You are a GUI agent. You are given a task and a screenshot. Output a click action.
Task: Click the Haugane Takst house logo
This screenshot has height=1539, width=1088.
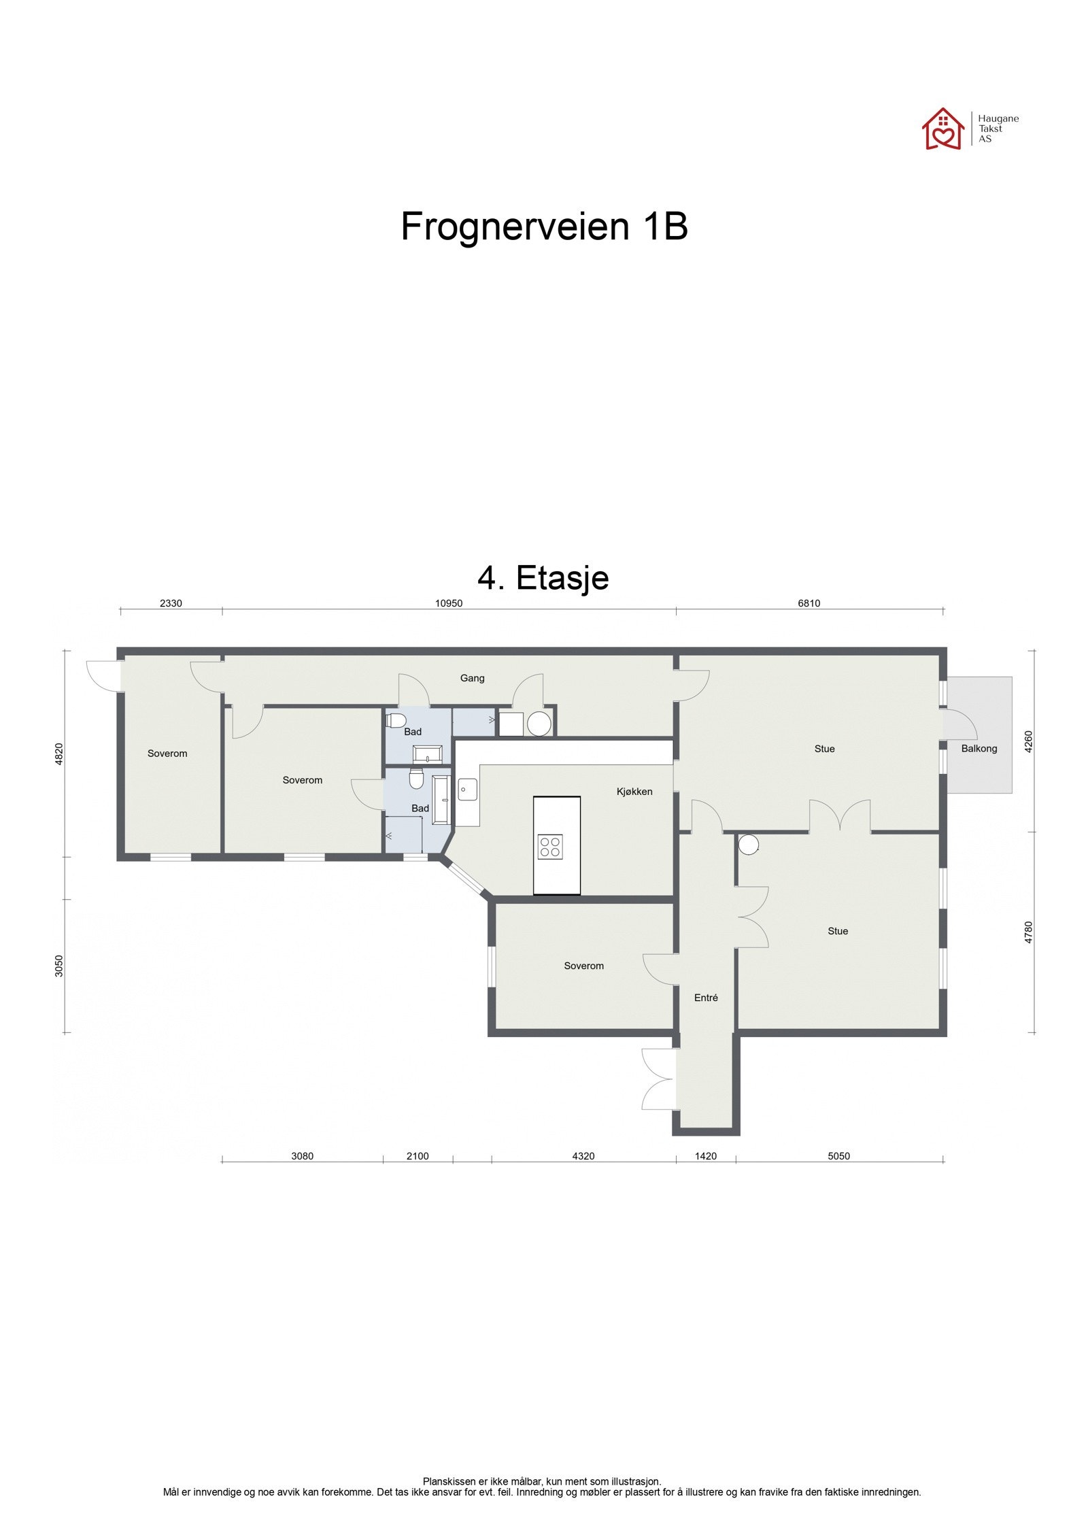click(942, 129)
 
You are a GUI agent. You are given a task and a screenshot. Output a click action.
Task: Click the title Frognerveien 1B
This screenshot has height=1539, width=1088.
click(544, 226)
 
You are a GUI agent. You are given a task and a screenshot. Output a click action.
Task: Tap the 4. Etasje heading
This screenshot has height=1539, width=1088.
click(543, 578)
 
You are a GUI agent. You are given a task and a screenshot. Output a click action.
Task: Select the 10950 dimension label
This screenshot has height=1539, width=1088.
click(448, 603)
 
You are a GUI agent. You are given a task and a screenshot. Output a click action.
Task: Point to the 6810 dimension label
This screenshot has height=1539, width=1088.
click(809, 603)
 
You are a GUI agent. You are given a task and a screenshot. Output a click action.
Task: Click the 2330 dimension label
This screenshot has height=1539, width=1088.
click(171, 603)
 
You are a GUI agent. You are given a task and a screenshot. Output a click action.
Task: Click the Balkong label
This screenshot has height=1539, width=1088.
click(979, 749)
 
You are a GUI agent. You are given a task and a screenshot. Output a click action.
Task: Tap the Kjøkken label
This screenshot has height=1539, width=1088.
click(634, 792)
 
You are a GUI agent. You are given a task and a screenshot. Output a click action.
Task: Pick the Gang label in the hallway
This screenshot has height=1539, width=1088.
click(472, 678)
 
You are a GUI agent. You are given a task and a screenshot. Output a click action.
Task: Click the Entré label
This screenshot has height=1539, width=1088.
click(706, 998)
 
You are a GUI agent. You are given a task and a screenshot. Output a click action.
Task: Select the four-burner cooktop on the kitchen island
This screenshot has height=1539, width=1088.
click(549, 847)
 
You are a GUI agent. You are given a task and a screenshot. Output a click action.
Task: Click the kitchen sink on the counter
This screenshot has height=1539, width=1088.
click(466, 790)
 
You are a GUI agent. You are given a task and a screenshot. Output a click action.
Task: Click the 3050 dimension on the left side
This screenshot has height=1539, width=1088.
click(59, 966)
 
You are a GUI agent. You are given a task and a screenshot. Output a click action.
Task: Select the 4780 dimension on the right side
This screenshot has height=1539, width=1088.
click(1028, 932)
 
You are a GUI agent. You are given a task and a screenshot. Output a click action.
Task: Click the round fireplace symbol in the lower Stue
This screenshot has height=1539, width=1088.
click(749, 845)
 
